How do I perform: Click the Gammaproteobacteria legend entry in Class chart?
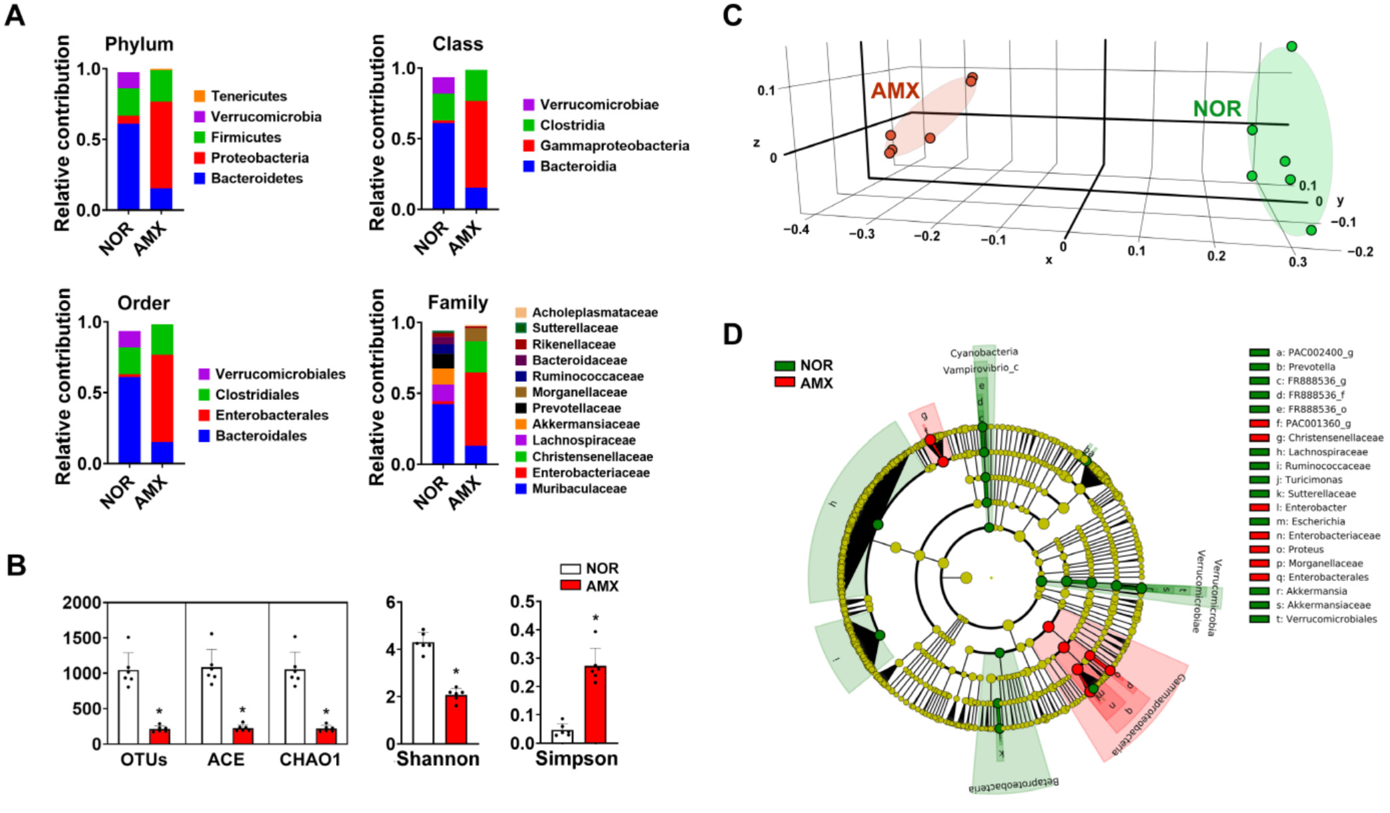[614, 146]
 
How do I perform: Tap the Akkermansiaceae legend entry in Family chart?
[585, 424]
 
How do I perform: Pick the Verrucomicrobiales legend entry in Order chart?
[280, 374]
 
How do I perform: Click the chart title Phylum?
[139, 44]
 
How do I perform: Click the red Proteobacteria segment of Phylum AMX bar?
[161, 145]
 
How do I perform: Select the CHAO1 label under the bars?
[310, 760]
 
